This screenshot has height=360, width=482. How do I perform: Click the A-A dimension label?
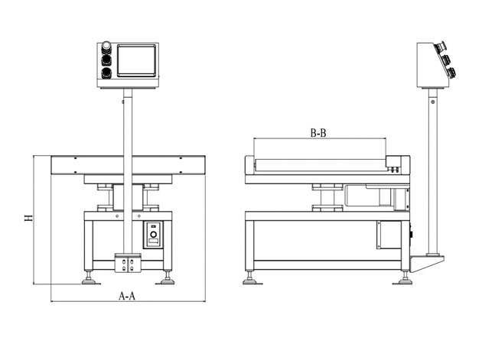click(127, 296)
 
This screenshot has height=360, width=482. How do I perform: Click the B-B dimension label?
click(319, 133)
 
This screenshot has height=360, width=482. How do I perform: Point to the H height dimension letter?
click(28, 218)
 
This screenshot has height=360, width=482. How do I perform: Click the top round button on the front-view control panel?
click(106, 48)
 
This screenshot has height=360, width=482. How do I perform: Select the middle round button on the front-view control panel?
click(106, 60)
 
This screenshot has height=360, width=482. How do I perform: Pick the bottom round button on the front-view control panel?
click(106, 73)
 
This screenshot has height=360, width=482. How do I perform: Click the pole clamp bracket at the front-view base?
click(127, 262)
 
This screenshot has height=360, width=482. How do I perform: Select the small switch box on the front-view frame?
click(154, 234)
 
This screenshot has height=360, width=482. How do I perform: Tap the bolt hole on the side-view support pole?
click(433, 100)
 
